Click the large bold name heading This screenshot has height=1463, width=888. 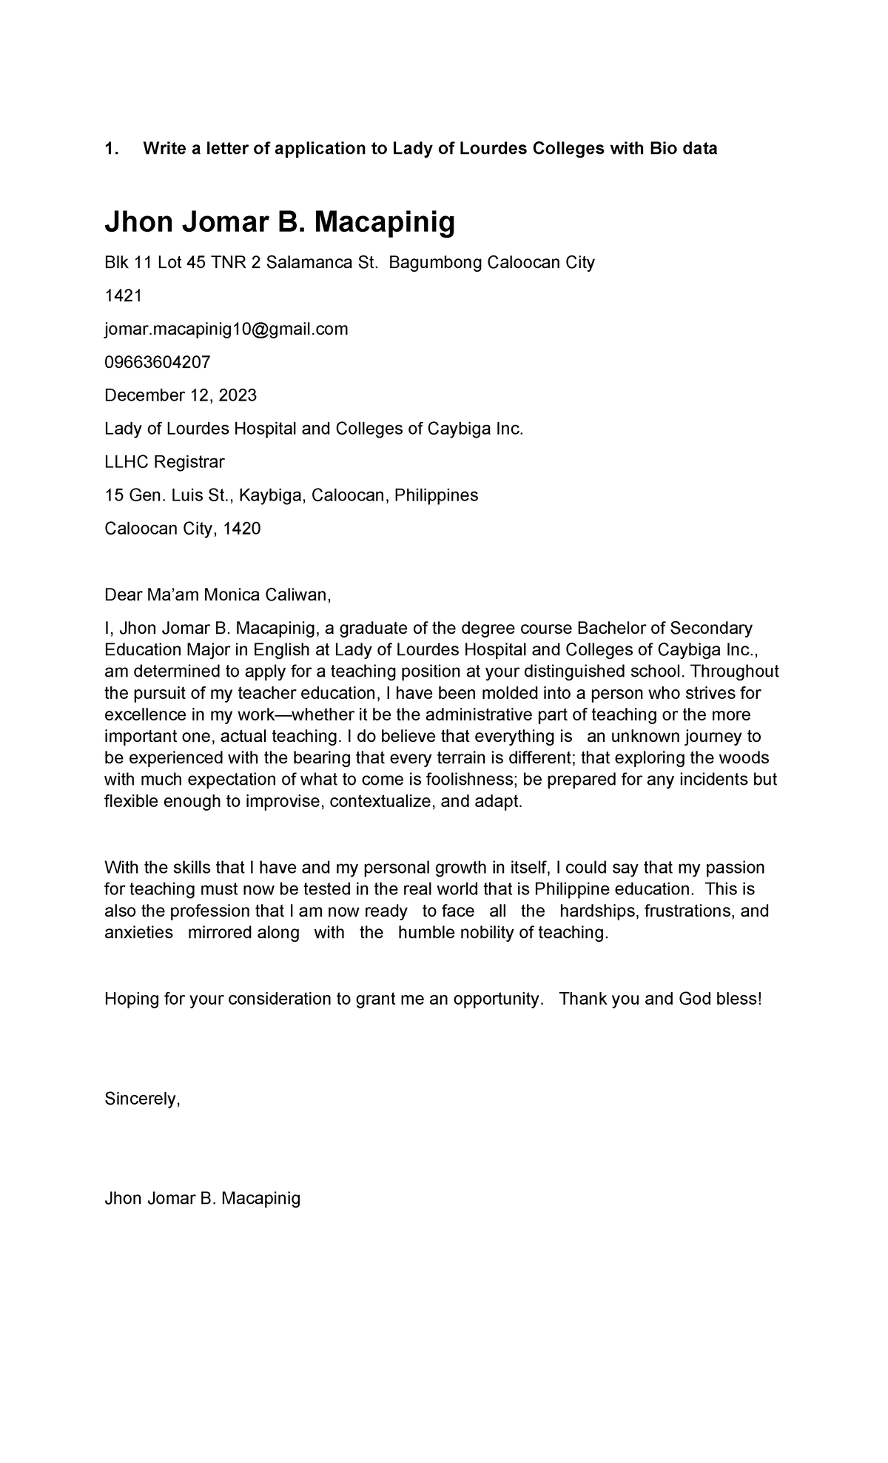point(280,221)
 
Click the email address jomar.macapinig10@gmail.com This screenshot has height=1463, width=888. point(226,329)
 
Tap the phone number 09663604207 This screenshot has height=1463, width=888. point(157,362)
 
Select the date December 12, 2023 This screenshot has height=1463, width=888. point(181,395)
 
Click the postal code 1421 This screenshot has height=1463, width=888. point(123,296)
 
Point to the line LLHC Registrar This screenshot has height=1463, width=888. point(164,462)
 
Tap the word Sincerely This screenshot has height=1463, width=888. point(142,1099)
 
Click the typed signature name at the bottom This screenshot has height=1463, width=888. point(202,1198)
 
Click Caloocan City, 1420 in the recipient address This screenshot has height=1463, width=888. point(182,529)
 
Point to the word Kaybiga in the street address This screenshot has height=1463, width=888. point(270,495)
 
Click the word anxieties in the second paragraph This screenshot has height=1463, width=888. point(138,932)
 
